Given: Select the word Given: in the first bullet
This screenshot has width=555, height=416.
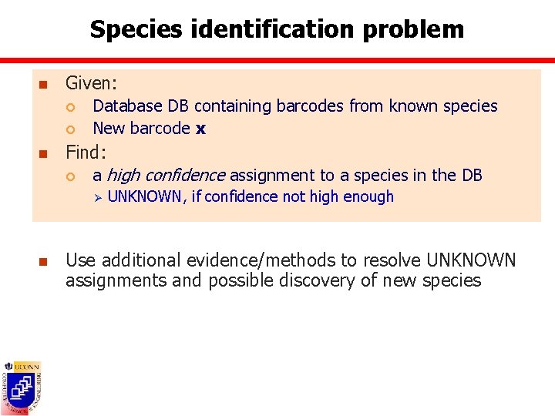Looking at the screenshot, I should pyautogui.click(x=92, y=82).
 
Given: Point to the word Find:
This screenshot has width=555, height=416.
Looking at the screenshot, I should pyautogui.click(x=86, y=151).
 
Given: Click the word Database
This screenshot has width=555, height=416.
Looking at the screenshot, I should pyautogui.click(x=127, y=106).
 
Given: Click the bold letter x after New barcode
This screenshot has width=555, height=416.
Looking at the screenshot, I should pyautogui.click(x=200, y=129).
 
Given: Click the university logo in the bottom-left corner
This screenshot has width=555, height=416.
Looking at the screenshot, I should pyautogui.click(x=22, y=387).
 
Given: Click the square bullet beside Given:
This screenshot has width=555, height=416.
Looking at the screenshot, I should pyautogui.click(x=45, y=84).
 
